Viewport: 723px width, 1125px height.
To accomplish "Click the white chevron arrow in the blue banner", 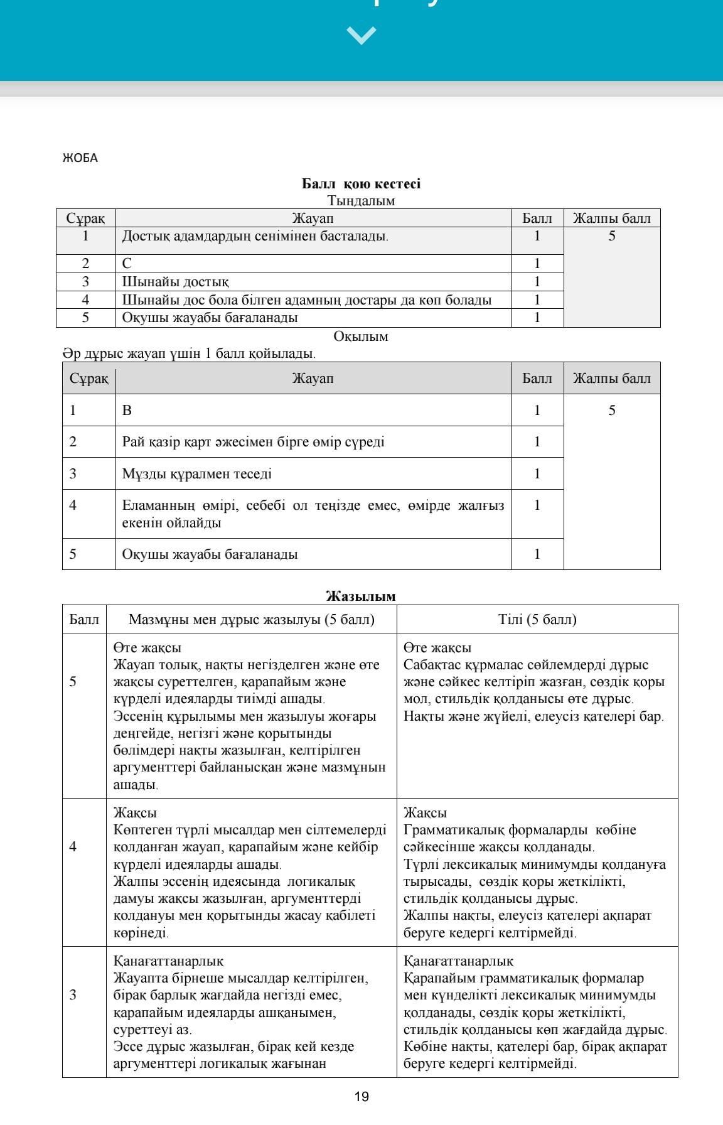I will (361, 35).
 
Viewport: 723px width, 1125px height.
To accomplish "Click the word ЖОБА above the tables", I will (80, 158).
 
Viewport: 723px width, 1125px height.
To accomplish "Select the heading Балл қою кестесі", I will (361, 184).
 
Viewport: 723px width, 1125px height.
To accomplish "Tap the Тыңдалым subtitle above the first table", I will (361, 201).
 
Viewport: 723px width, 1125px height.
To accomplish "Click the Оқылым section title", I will (361, 336).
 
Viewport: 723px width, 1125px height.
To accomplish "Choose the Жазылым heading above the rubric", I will (361, 596).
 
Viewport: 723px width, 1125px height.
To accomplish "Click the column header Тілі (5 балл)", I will (537, 620).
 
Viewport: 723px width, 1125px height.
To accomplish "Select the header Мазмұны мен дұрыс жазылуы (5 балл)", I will (251, 620).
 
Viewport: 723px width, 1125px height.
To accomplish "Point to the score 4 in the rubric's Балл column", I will (73, 847).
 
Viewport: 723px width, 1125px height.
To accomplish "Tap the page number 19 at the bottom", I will (361, 1097).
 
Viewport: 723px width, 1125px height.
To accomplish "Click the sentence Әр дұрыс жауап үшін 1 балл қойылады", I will (189, 353).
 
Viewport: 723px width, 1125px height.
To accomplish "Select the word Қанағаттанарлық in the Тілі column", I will (458, 961).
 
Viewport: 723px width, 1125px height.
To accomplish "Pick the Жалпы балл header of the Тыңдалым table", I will (612, 218).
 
